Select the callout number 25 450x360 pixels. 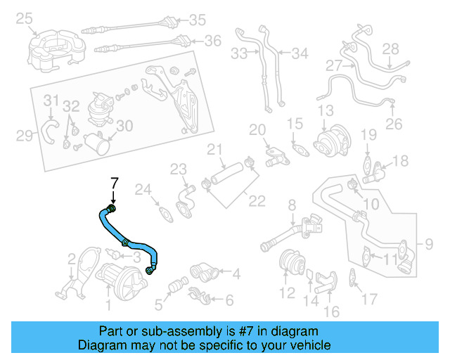25,17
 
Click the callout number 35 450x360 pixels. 198,19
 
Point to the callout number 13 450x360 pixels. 325,110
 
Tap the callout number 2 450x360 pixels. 72,264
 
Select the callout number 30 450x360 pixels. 124,126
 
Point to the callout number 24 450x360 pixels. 143,189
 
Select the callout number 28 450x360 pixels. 390,49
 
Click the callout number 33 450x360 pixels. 240,53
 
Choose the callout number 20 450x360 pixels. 258,129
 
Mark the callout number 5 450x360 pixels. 159,304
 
